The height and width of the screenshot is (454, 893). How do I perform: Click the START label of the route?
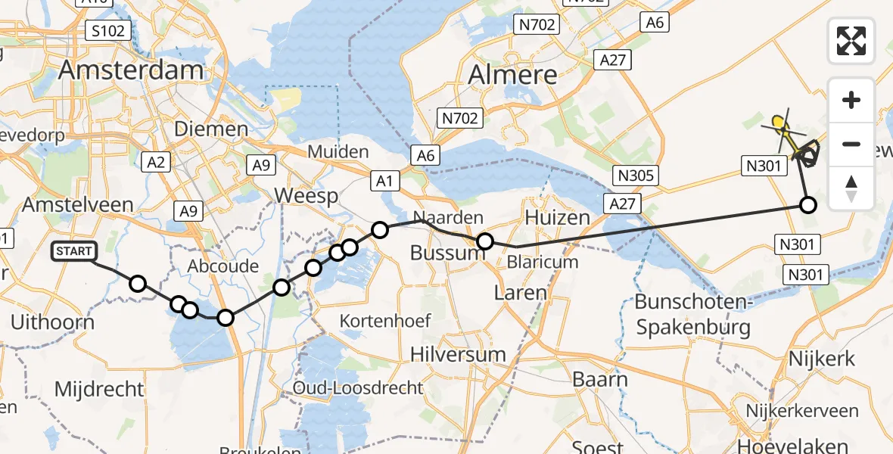[74, 251]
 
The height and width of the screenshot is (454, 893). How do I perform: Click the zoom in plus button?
[851, 100]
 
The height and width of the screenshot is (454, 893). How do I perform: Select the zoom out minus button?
[851, 144]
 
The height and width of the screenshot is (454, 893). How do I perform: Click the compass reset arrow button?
[851, 188]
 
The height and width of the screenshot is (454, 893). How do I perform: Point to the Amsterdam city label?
[131, 70]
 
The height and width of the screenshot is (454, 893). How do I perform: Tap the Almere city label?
[512, 75]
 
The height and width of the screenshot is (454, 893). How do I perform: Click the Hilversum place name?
[458, 354]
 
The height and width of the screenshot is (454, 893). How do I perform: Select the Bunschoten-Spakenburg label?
[692, 315]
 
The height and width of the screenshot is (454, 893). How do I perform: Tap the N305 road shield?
[636, 176]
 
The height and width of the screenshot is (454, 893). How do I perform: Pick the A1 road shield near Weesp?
[384, 179]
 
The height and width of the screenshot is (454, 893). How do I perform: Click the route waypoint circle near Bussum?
[485, 242]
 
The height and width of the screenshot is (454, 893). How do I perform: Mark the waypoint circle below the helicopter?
[808, 204]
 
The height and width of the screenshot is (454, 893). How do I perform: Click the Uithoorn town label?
[52, 322]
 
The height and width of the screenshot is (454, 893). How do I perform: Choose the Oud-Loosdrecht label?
[359, 388]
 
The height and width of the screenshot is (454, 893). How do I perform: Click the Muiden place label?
[338, 151]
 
